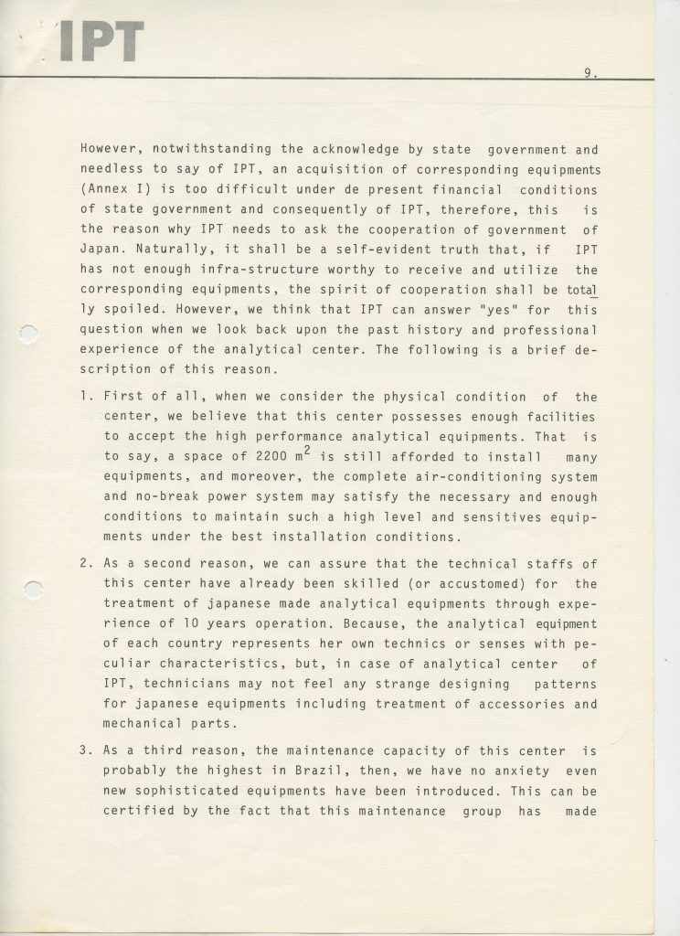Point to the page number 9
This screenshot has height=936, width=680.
(589, 76)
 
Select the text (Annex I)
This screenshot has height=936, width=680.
(113, 189)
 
